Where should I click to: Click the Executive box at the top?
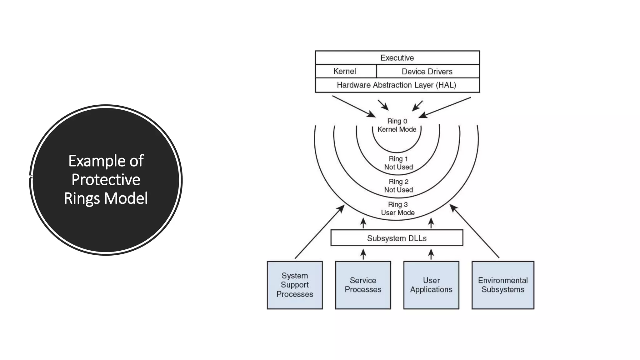(397, 58)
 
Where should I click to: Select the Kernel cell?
(345, 71)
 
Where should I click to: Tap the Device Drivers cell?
(427, 72)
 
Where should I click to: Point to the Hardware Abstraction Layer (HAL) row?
(396, 85)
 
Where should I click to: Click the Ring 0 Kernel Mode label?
(397, 125)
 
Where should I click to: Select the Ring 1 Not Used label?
(398, 163)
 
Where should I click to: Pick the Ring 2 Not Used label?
(398, 186)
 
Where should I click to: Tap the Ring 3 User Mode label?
(397, 208)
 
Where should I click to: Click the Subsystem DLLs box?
(397, 238)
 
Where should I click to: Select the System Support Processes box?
(295, 285)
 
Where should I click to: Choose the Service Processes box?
(363, 285)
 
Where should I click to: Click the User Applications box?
(431, 285)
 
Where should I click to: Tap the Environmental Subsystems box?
(502, 285)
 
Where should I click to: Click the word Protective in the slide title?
(106, 180)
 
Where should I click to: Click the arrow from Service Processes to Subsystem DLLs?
(363, 254)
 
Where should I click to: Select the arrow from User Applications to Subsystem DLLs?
(431, 254)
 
